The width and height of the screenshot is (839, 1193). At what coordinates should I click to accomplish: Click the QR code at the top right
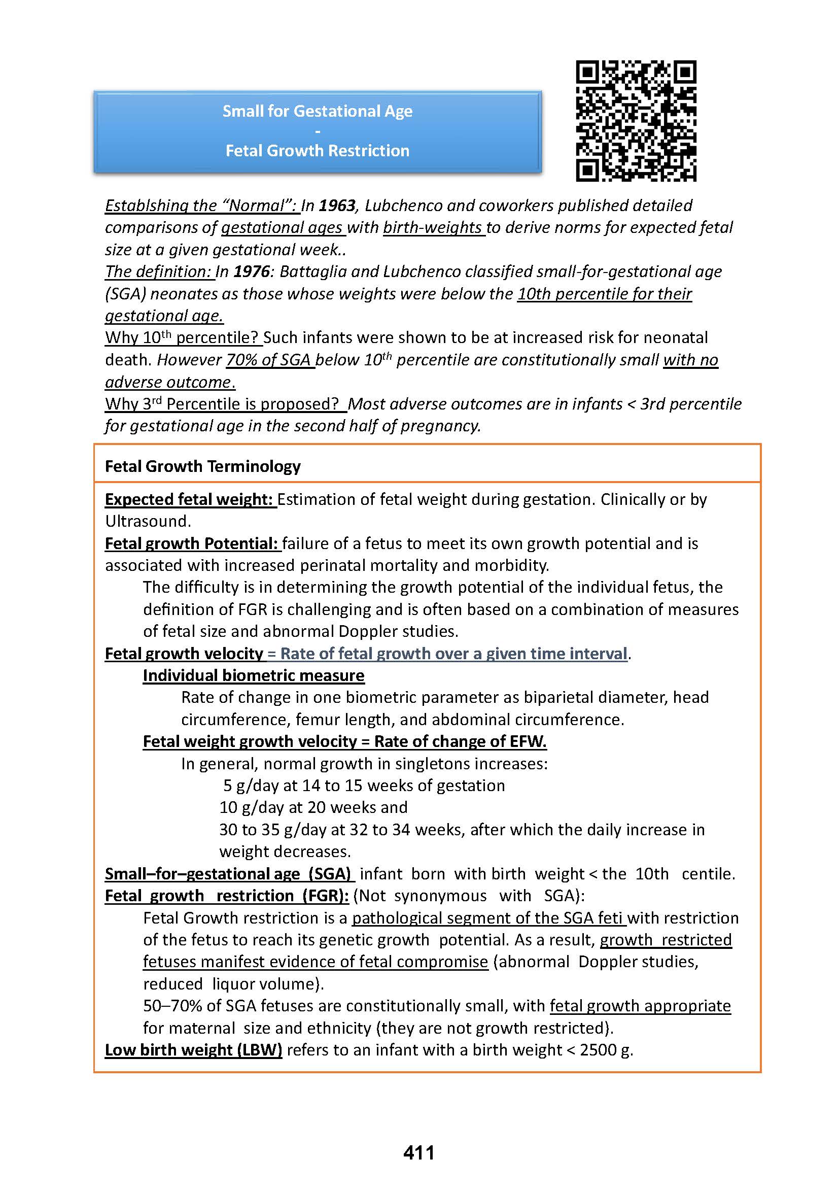click(x=636, y=121)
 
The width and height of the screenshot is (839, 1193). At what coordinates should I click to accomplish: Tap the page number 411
click(x=418, y=1152)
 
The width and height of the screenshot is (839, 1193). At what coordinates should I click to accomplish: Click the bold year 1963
click(x=337, y=206)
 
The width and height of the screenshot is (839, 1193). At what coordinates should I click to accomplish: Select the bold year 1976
click(x=252, y=272)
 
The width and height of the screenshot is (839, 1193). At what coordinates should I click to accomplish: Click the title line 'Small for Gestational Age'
click(x=318, y=111)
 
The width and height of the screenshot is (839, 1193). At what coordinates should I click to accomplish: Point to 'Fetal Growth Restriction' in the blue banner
click(x=318, y=151)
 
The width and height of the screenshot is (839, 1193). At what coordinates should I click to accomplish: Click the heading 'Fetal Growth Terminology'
click(x=202, y=466)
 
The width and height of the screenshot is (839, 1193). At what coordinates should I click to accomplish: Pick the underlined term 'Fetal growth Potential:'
click(x=192, y=543)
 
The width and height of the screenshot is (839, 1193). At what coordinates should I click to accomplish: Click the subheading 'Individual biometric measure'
click(x=254, y=675)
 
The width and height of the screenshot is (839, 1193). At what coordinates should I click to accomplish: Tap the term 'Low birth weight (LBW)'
click(x=193, y=1049)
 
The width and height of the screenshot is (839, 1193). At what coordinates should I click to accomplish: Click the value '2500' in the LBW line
click(x=598, y=1049)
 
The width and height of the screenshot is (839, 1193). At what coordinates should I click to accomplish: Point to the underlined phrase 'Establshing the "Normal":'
click(x=201, y=206)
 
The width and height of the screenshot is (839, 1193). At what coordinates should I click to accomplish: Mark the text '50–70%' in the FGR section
click(x=172, y=1006)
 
